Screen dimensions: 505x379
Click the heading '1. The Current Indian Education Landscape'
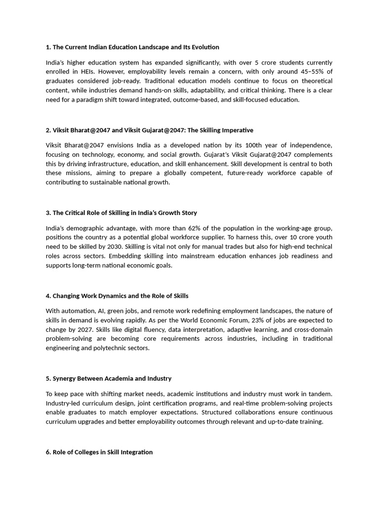pos(132,47)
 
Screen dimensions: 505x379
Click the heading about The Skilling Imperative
pos(149,130)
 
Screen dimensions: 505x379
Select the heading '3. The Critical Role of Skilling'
pos(121,213)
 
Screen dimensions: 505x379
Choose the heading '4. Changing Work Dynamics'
pos(117,296)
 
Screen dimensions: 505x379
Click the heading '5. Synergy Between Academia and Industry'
pos(109,379)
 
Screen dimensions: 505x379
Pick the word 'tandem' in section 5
pos(319,394)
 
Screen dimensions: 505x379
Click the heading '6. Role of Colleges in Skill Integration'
pos(99,452)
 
